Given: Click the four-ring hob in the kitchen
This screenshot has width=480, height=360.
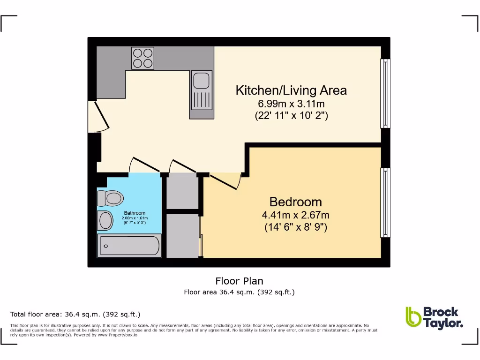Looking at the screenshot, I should [x=142, y=58].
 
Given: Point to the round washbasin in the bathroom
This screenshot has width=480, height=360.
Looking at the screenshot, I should [x=105, y=220].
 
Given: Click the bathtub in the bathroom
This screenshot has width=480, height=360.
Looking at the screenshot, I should [x=129, y=246].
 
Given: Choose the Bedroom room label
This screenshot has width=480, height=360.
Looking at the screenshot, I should [x=295, y=202].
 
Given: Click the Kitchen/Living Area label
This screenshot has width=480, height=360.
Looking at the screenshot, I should [x=291, y=90].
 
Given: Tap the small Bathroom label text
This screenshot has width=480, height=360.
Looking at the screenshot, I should [x=135, y=213].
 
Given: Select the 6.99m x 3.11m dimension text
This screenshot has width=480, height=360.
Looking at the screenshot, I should [x=291, y=104].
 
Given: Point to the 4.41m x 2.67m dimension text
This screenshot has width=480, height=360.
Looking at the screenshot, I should [x=295, y=216].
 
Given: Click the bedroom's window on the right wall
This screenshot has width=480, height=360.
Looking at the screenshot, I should [x=385, y=202].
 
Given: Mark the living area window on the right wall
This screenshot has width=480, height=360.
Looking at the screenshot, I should [x=385, y=93].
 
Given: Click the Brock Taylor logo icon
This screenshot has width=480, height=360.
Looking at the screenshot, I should [x=413, y=317].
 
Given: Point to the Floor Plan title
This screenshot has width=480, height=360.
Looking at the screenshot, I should [x=239, y=281].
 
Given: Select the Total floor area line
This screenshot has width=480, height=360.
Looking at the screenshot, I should [x=75, y=315].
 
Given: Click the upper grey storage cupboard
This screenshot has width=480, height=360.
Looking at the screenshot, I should [x=182, y=191].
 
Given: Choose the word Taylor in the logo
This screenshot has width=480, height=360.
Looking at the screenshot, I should [x=443, y=323].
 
